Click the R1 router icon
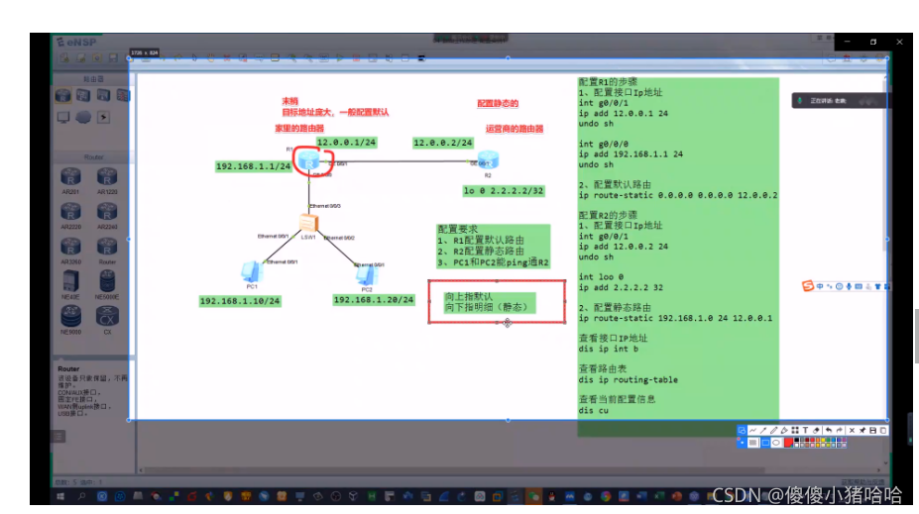click(314, 158)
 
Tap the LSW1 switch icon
click(309, 225)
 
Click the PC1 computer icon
click(252, 271)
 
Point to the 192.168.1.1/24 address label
click(254, 166)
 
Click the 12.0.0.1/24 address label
click(346, 143)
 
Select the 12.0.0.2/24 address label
click(443, 143)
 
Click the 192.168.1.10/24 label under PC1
click(240, 300)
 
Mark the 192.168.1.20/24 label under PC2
click(374, 299)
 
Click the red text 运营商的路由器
click(515, 128)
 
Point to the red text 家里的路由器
click(300, 128)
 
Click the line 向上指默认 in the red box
click(469, 296)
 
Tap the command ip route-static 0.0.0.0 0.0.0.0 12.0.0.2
click(677, 196)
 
